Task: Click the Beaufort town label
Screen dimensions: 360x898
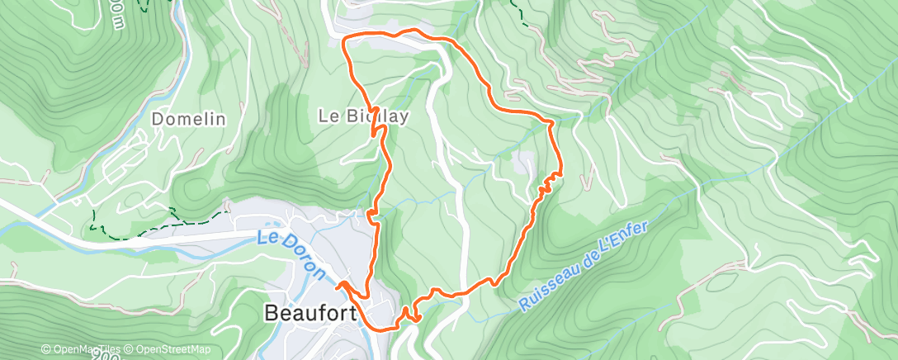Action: (x=310, y=313)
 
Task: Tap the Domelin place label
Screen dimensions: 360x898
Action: (x=189, y=119)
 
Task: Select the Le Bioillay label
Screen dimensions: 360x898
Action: (x=363, y=116)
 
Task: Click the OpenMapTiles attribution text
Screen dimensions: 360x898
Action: (x=86, y=349)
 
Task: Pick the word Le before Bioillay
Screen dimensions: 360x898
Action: (x=327, y=116)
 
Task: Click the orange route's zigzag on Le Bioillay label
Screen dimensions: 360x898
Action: (x=376, y=121)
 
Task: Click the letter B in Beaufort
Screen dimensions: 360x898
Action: (x=271, y=313)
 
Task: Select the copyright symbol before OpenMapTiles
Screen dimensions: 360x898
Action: (x=46, y=349)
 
